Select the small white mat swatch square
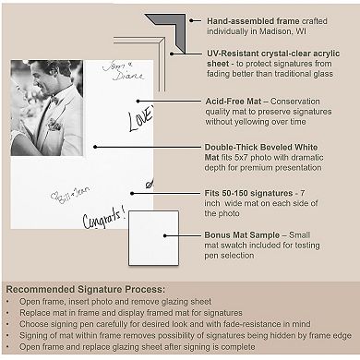coord(153,236)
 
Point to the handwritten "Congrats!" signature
coord(103,222)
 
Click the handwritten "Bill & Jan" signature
coord(71,197)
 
